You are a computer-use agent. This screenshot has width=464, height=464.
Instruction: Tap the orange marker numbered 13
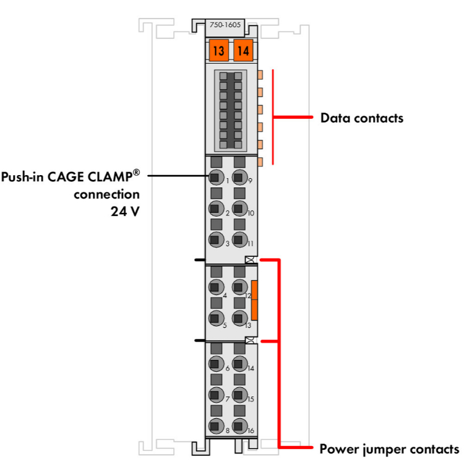coord(218,51)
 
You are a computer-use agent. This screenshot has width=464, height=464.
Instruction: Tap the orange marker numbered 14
coord(243,51)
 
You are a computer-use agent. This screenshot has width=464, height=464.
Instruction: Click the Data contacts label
coord(361,118)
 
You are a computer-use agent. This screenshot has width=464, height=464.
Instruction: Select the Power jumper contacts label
coord(389,448)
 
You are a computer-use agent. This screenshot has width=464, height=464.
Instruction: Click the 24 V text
coord(123,210)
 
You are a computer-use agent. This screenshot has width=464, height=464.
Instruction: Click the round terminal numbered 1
coord(215,178)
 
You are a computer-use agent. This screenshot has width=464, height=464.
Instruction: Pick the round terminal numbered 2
coord(215,209)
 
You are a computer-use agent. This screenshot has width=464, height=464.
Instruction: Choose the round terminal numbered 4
coord(215,287)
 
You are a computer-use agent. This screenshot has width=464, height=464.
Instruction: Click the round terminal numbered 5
coord(215,319)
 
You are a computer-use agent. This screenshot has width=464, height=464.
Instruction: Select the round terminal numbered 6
coord(215,364)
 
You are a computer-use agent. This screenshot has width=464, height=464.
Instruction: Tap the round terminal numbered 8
coord(215,426)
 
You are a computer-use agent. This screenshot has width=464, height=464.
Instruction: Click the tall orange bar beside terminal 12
coord(254,300)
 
